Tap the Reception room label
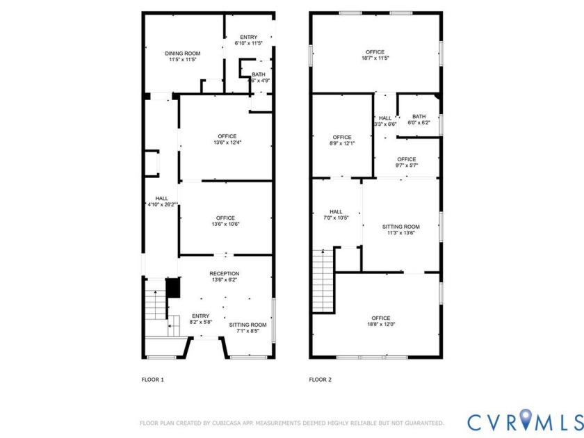pos(224,274)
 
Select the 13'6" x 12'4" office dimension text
pos(226,143)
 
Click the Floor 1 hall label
pos(161,198)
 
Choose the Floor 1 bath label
pos(259,74)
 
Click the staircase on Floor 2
pos(323,282)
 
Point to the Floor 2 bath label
pos(419,117)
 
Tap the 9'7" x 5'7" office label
pos(407,159)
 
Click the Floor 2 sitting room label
pos(401,227)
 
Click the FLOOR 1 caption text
pos(152,380)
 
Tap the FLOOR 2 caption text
pos(320,380)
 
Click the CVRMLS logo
pos(525,421)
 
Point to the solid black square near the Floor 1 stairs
pos(173,288)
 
